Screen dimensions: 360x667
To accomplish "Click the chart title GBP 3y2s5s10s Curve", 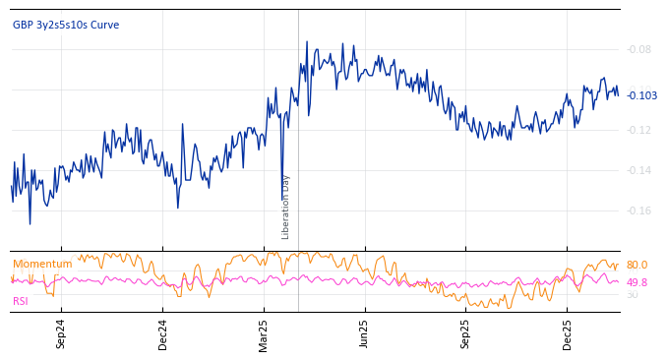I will [x=66, y=26].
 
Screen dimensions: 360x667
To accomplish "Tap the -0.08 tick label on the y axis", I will [x=639, y=49].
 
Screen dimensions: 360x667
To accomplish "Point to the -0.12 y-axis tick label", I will [x=639, y=130].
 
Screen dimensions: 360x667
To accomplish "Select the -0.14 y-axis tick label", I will [x=639, y=170].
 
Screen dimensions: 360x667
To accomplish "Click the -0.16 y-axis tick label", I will [x=639, y=210].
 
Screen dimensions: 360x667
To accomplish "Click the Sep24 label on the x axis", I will [x=61, y=333].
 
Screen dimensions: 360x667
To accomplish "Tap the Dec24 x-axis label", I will [x=163, y=333].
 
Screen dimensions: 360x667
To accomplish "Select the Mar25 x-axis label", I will [x=264, y=333].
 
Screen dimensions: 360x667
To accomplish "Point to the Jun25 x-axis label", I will [x=365, y=333].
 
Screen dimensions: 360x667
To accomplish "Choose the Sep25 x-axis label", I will [x=466, y=333].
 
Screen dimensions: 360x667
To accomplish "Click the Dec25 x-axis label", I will [x=568, y=333].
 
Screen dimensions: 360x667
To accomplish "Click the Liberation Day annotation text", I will [x=286, y=207].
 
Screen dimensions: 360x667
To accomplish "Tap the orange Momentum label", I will [x=42, y=265].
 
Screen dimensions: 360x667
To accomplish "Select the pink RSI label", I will [x=21, y=301].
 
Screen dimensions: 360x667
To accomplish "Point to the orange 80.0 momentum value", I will [x=637, y=266].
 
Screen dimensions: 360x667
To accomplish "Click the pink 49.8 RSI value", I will [x=637, y=283].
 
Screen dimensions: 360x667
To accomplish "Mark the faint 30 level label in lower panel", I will [x=633, y=295].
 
